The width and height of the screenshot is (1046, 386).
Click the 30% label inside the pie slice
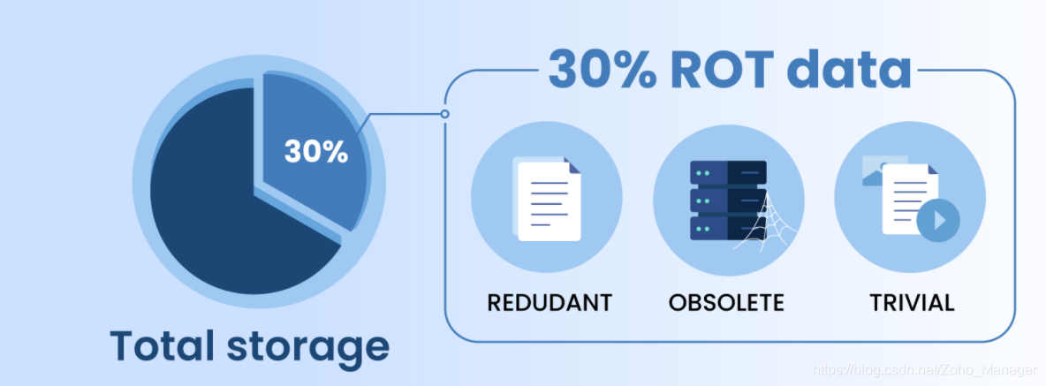(315, 151)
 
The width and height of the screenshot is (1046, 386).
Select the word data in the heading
(848, 69)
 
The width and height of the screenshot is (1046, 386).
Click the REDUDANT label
(550, 303)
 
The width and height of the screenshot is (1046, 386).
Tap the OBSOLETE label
(726, 303)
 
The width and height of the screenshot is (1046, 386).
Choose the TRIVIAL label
(912, 303)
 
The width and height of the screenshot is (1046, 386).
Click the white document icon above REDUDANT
(549, 201)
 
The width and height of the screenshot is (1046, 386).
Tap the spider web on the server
(760, 221)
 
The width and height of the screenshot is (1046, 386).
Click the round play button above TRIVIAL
(937, 218)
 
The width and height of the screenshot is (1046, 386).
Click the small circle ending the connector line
(444, 114)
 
